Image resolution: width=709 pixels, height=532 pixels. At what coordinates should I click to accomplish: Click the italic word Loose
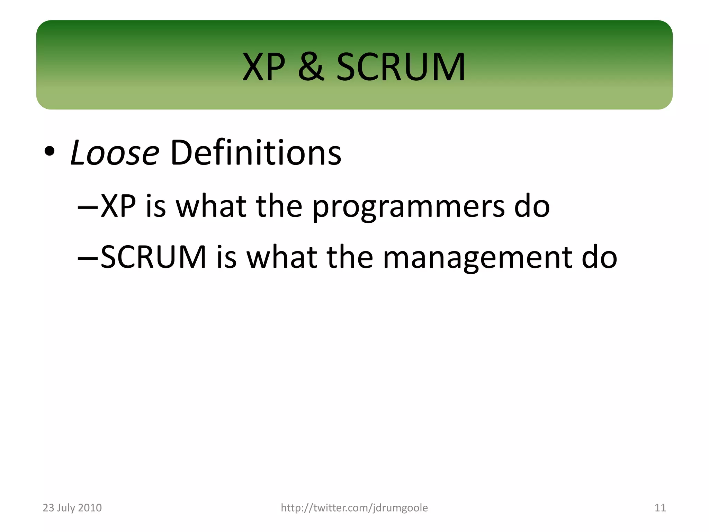tap(115, 153)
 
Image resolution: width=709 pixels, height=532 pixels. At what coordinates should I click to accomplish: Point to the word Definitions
tap(255, 153)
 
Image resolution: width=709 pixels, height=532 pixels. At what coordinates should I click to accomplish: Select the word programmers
tap(409, 207)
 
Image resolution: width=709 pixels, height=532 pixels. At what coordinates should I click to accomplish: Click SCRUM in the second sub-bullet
tap(154, 257)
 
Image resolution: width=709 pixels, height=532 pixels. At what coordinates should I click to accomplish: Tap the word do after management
tap(599, 257)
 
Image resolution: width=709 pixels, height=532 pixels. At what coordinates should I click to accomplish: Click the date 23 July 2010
tap(72, 508)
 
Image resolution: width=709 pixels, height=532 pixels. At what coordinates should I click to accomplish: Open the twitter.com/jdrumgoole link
tap(354, 508)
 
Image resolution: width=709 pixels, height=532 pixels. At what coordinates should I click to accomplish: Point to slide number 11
tap(660, 508)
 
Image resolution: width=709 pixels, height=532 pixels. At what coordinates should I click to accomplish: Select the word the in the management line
tap(350, 257)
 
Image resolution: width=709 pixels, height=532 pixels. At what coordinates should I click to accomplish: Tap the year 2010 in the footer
tap(90, 508)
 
